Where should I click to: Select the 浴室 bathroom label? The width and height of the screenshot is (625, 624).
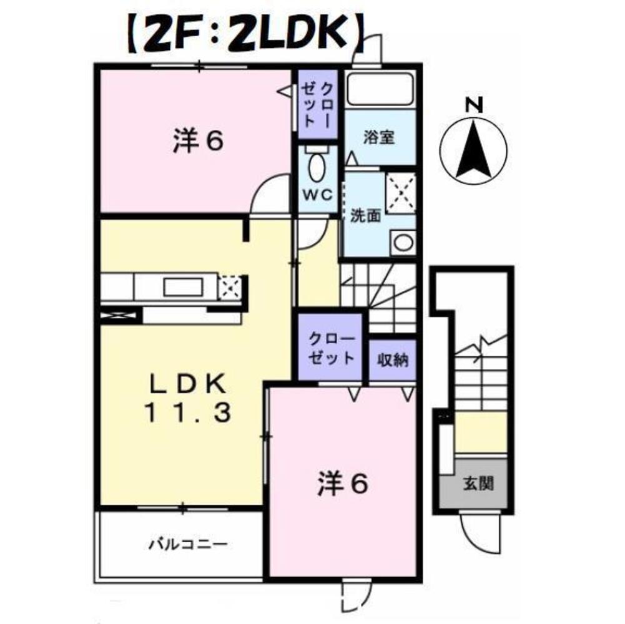point(379,138)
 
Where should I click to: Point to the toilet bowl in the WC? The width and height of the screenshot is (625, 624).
point(317,168)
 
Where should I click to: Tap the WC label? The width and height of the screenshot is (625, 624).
point(317,195)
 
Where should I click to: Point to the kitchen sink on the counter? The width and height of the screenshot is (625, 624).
point(183,287)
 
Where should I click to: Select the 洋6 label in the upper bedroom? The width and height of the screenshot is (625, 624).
point(197,142)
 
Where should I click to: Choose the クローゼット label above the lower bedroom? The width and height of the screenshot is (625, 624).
point(332,349)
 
